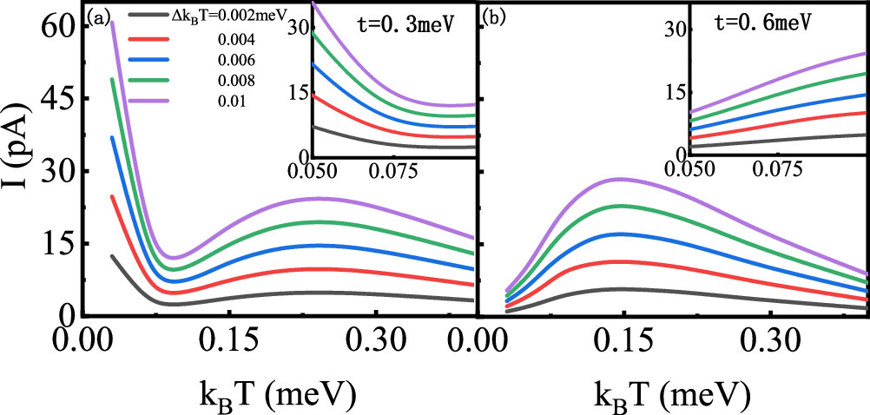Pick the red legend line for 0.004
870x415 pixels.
coord(149,38)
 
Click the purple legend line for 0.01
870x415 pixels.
coord(149,102)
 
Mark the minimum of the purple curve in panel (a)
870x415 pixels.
coord(174,258)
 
